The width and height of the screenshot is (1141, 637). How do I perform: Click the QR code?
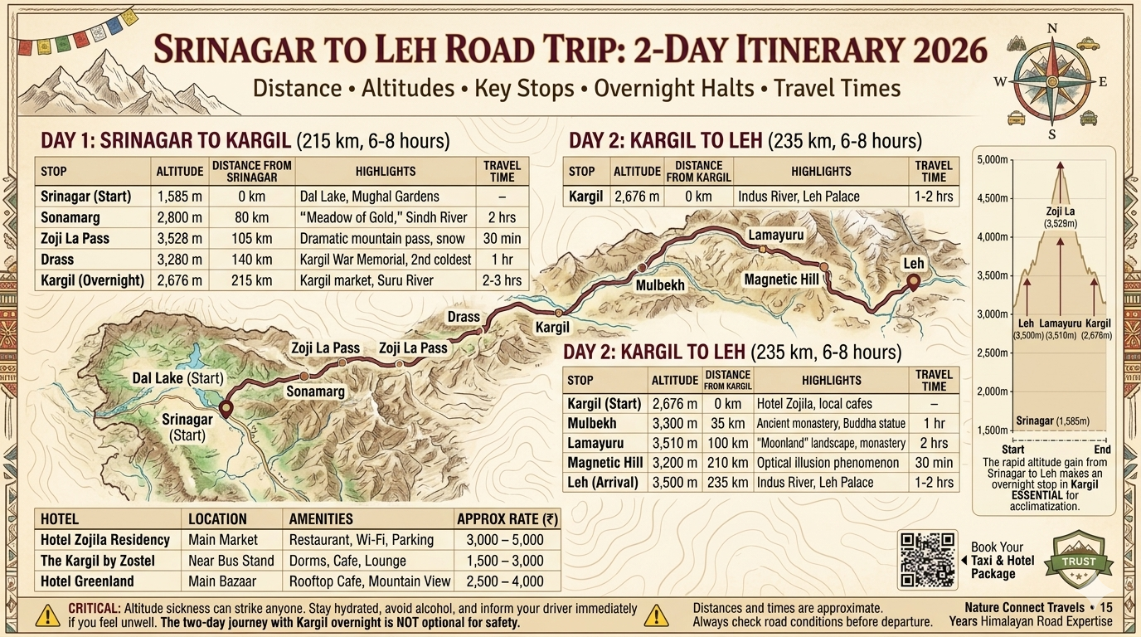927,560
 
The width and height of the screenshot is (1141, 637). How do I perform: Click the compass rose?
1052,81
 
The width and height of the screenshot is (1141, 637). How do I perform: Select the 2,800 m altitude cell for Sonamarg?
179,217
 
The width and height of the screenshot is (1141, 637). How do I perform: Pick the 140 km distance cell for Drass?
251,259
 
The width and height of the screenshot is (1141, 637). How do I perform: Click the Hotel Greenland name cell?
87,581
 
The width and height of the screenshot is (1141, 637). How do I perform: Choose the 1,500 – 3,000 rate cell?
505,561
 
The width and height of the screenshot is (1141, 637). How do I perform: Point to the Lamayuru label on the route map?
776,236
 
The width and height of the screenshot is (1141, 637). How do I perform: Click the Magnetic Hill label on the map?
781,280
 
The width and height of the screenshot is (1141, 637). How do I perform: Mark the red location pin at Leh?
913,282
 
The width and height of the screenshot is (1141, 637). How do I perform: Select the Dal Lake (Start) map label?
177,378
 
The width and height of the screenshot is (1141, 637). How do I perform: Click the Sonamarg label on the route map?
315,391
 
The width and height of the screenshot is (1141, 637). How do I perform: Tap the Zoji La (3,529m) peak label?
1060,217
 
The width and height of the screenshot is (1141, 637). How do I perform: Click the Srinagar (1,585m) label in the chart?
1052,421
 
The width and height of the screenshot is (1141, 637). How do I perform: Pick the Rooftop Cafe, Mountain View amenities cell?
370,581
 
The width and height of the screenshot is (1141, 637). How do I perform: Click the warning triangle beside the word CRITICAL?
48,615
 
